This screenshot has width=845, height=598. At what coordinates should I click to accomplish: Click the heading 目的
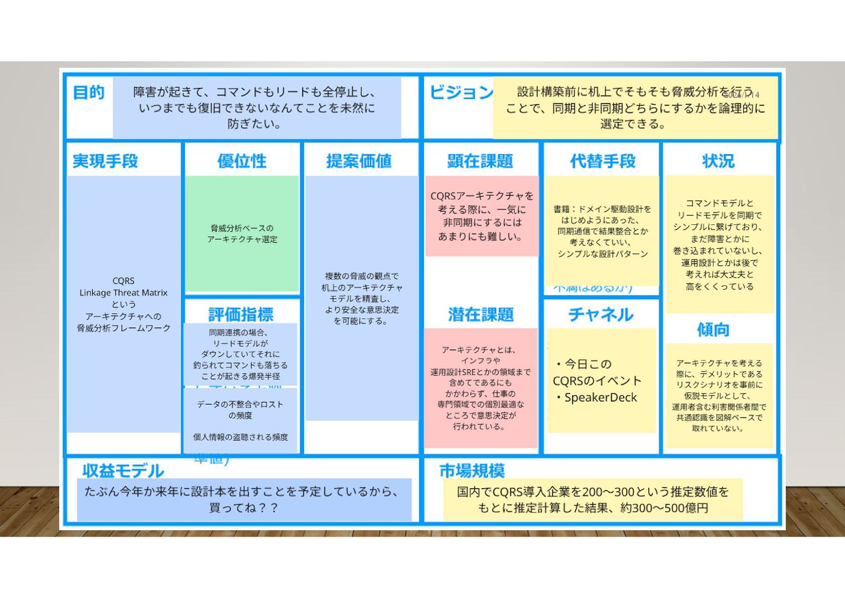tap(89, 92)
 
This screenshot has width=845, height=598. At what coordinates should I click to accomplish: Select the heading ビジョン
tap(461, 92)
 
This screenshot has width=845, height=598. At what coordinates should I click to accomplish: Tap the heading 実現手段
tap(105, 161)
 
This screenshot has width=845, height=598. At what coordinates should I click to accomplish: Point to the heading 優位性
tap(242, 161)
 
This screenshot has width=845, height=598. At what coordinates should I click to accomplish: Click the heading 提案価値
tap(359, 161)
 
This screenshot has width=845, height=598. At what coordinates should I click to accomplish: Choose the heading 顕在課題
tap(480, 161)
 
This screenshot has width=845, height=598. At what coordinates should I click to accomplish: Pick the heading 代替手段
tap(603, 161)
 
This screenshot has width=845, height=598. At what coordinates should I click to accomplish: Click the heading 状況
tap(718, 161)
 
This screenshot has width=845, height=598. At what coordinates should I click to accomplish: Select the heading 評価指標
tap(241, 315)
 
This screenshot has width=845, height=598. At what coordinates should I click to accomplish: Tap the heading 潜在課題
tap(481, 315)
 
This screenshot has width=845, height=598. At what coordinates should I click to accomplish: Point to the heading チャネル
tap(601, 315)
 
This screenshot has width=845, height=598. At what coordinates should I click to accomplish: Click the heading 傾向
tap(713, 330)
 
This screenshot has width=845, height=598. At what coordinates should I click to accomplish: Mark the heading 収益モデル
tap(123, 470)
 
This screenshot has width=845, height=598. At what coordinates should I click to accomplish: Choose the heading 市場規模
tap(472, 470)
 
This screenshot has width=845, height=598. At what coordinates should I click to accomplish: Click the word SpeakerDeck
tap(601, 398)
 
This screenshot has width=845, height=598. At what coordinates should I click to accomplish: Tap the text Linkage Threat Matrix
tap(123, 293)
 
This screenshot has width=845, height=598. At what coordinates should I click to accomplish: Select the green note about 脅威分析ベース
tap(242, 233)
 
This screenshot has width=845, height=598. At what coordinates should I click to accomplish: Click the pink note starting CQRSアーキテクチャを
tap(482, 216)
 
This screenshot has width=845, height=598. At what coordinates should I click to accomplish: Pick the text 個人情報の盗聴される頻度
tap(240, 437)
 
